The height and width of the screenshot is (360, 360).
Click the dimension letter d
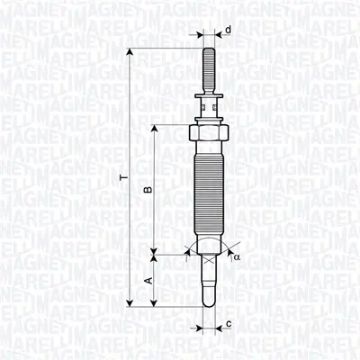pos(228,31)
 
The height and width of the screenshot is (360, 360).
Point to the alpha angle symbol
pos(237,256)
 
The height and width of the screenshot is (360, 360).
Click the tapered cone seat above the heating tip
pos(206,250)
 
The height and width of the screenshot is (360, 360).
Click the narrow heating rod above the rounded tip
pos(206,279)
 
